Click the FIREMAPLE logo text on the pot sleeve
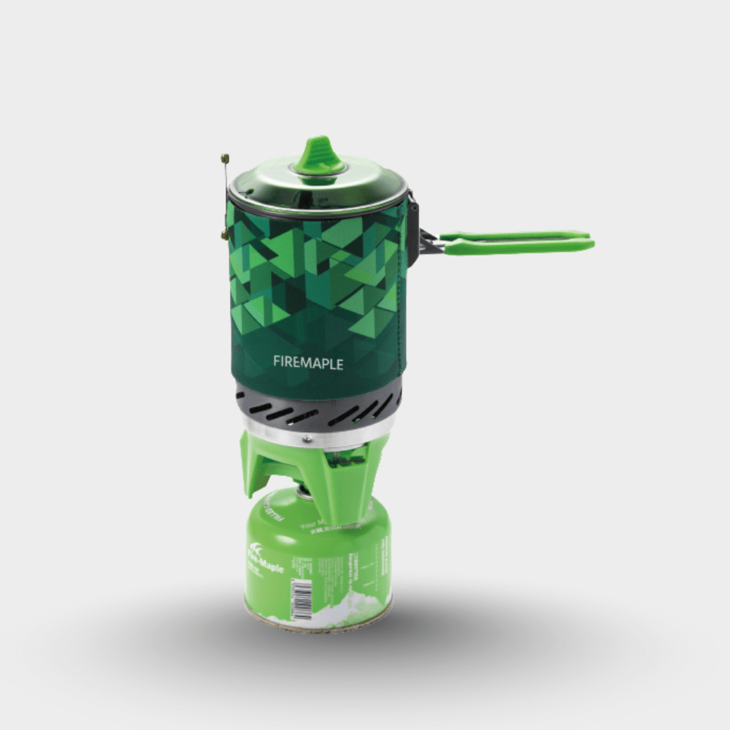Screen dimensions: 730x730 [307, 361]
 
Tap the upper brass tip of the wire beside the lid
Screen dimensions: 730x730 [225, 157]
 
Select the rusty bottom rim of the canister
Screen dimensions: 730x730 [318, 626]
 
